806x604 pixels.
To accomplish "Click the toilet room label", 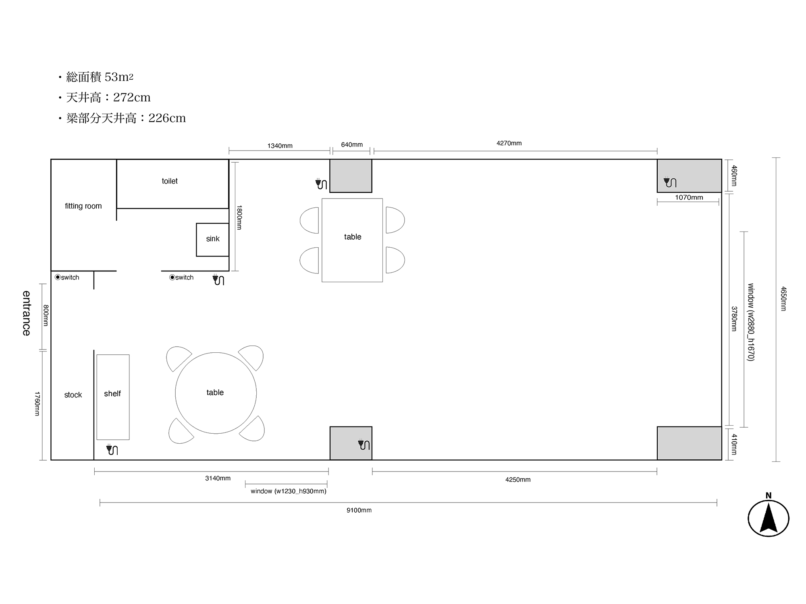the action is click(170, 181).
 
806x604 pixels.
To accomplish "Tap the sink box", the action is click(213, 240).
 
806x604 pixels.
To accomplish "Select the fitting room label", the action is click(83, 206).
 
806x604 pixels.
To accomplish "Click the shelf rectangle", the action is click(113, 397).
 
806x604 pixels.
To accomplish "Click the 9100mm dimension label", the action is click(359, 510).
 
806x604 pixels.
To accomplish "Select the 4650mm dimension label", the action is click(783, 299).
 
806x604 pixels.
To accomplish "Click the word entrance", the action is click(26, 313).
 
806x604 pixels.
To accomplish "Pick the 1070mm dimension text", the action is click(689, 197).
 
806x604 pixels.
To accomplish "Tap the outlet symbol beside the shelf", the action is click(112, 449).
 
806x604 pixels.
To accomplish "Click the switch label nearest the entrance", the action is click(67, 277).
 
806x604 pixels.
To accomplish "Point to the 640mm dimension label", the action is click(352, 145).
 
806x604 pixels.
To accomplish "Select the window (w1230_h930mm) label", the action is click(289, 491).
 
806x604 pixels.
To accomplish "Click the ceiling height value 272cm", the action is click(132, 97).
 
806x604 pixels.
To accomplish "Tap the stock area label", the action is click(73, 395).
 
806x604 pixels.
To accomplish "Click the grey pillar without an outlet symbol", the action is click(689, 443).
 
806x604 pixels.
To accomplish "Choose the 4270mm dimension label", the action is click(509, 143).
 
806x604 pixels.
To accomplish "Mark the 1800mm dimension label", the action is click(239, 217).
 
